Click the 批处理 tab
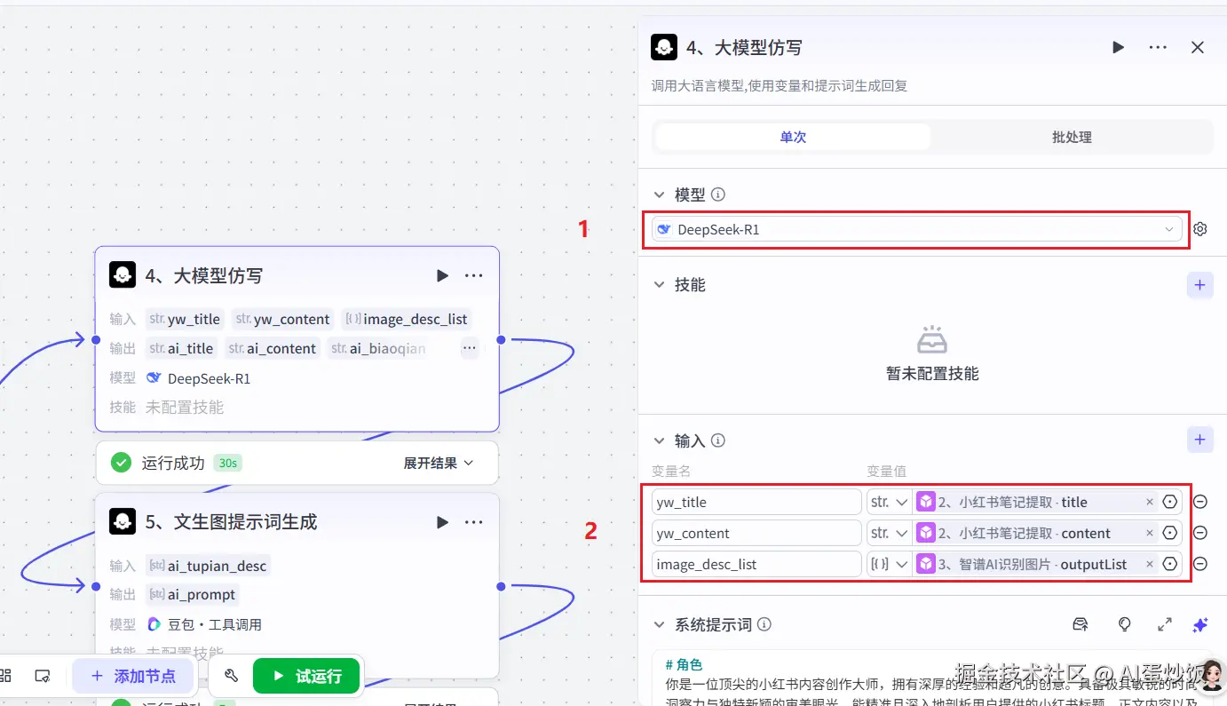click(x=1071, y=138)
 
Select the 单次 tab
click(x=793, y=138)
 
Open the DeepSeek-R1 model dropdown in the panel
click(x=916, y=230)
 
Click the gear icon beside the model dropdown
click(x=1200, y=229)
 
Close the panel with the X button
click(x=1198, y=48)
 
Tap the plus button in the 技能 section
click(x=1199, y=285)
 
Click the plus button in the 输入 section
click(x=1199, y=440)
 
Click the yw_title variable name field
click(x=756, y=503)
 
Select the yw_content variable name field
click(x=756, y=534)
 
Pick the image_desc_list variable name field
click(x=756, y=565)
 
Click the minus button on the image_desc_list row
click(x=1200, y=564)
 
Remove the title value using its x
click(x=1150, y=503)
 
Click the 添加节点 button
click(x=133, y=677)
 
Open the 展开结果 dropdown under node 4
click(x=439, y=463)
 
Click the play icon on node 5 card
click(x=442, y=522)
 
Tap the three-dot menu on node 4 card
click(x=474, y=276)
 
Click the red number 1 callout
click(x=583, y=229)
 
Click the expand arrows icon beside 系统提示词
click(x=1165, y=625)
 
